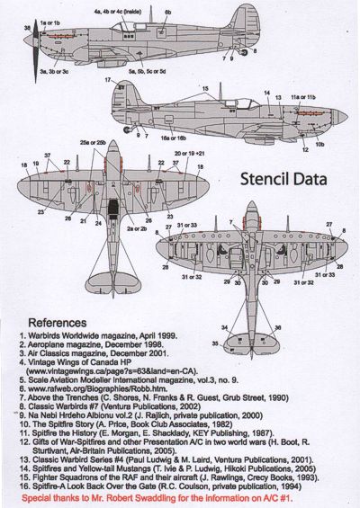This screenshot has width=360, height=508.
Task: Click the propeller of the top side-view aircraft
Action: click(31, 41)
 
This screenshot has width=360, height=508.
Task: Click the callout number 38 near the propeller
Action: click(28, 30)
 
